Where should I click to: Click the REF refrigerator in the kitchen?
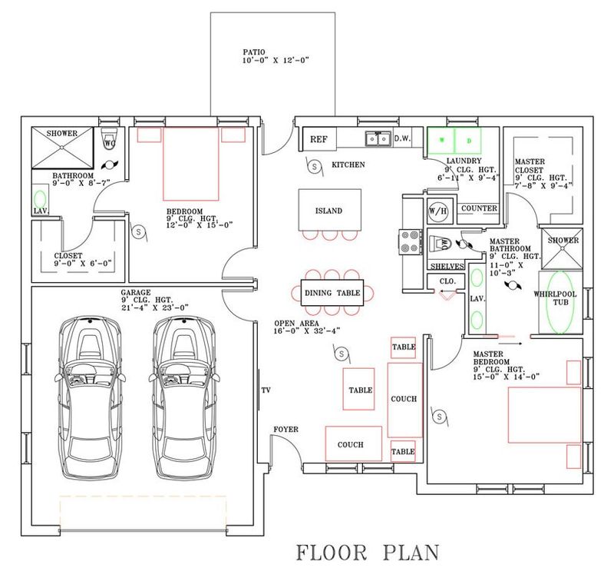point(319,139)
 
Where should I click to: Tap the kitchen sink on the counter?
point(378,138)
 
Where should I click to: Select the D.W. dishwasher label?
point(402,138)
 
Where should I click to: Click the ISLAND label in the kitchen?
point(329,211)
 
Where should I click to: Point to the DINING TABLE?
point(332,293)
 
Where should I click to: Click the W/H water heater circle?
point(437,211)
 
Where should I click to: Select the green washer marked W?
point(441,140)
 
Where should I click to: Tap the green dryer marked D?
point(468,140)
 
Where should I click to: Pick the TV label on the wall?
point(266,390)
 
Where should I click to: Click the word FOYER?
point(286,430)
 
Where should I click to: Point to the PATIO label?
point(254,51)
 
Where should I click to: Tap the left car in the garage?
point(90,398)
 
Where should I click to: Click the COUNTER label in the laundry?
point(479,208)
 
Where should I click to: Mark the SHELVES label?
point(447,267)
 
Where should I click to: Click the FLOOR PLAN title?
point(368,552)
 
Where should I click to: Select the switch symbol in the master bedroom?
point(439,417)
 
